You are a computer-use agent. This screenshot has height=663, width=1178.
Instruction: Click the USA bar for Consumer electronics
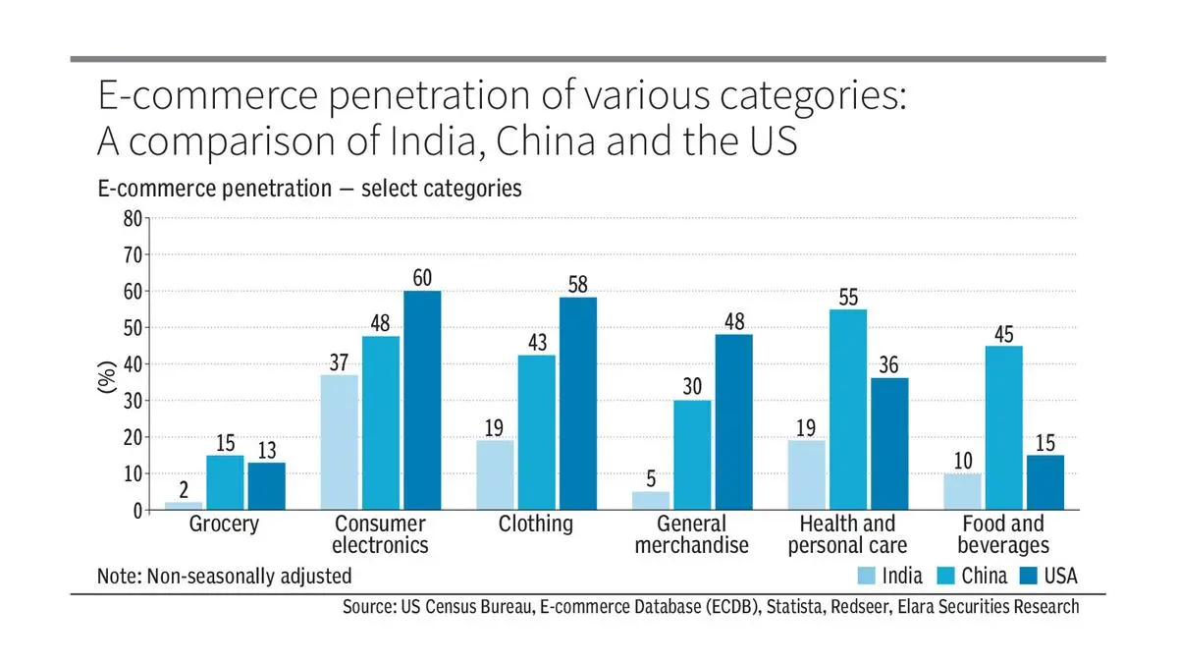(421, 401)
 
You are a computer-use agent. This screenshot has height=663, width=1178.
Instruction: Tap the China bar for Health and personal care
(848, 410)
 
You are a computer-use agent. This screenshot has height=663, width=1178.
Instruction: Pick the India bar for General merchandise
(651, 501)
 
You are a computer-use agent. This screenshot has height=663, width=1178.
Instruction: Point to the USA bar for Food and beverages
(1044, 482)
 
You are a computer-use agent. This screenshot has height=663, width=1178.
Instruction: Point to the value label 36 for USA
(889, 364)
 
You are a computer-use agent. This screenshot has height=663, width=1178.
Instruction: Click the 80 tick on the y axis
(131, 218)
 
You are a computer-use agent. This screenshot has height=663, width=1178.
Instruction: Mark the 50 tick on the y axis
(131, 328)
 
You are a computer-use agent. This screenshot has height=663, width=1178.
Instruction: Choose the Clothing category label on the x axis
(536, 525)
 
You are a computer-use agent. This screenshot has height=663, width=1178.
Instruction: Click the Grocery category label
(224, 525)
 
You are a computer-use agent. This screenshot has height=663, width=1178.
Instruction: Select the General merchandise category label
(691, 535)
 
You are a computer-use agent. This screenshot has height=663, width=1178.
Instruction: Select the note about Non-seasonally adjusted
(224, 577)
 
